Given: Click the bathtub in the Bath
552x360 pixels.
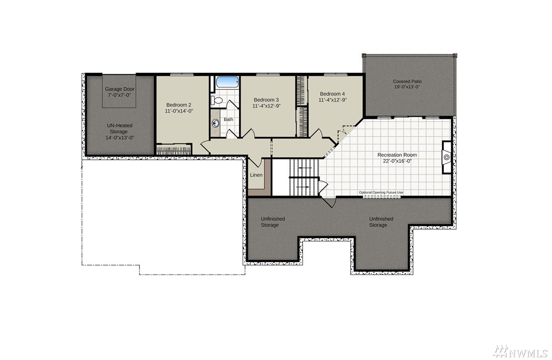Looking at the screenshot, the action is (227, 82).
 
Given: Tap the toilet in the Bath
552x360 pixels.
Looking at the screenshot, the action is (217, 101).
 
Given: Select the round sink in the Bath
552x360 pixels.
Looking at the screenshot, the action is (215, 123).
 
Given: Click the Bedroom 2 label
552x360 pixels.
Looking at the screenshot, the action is (179, 105).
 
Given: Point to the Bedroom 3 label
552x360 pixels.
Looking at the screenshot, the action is (266, 100).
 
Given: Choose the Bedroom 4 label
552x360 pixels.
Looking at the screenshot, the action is (332, 94).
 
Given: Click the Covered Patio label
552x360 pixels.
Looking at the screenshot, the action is (407, 81).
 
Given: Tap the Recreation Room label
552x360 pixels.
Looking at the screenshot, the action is (397, 155).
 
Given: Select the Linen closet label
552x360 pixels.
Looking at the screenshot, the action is (256, 175).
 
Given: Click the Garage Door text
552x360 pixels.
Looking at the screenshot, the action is (120, 89).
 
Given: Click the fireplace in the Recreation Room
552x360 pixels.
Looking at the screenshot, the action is (447, 157).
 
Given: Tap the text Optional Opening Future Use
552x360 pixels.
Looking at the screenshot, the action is (381, 193).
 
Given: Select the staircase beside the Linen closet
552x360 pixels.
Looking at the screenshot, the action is (304, 176).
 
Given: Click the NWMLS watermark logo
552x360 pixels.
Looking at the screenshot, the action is (520, 351).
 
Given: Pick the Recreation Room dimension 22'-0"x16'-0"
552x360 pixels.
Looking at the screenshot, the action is (398, 161).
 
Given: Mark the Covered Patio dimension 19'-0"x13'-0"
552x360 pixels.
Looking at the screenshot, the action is (407, 87).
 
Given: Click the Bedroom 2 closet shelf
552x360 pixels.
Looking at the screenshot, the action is (174, 151).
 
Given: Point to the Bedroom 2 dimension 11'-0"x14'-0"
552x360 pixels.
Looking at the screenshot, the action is (179, 111).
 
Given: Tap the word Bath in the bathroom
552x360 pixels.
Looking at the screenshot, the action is (228, 119).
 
